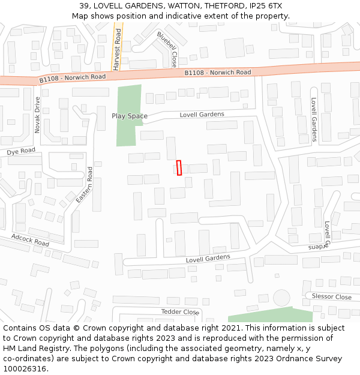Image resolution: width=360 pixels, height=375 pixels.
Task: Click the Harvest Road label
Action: click(x=118, y=46)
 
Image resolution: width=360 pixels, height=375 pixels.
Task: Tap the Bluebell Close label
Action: click(x=167, y=49)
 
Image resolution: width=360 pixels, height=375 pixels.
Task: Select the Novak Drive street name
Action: click(x=37, y=115)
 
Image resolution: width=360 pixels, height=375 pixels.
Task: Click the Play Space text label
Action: click(x=129, y=116)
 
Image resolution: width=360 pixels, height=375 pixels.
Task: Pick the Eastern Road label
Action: click(x=85, y=184)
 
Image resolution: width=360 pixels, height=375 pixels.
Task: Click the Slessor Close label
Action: click(x=331, y=297)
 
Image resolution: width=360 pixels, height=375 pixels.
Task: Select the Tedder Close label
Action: click(x=180, y=312)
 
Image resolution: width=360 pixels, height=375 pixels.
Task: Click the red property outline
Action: click(x=179, y=168)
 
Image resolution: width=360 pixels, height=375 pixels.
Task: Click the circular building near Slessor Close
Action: click(x=281, y=297)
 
